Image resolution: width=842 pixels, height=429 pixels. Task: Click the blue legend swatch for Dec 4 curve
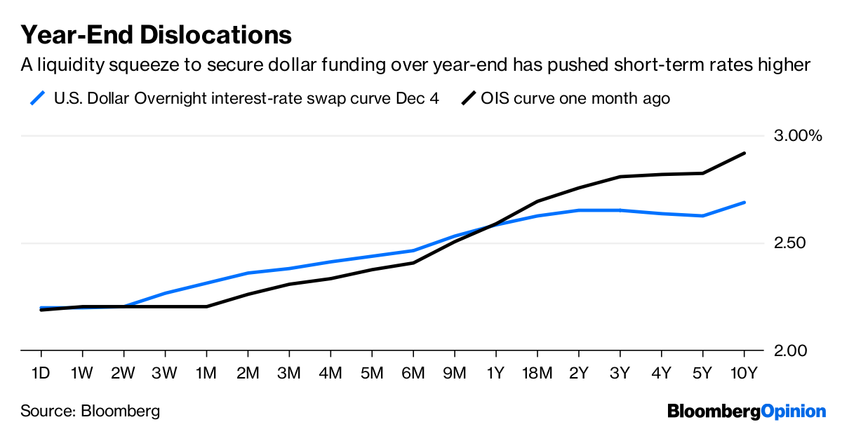point(40,97)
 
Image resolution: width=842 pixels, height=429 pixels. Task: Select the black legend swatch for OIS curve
point(467,97)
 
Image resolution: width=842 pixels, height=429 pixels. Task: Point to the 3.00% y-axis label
point(797,135)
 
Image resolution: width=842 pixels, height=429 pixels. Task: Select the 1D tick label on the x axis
point(41,372)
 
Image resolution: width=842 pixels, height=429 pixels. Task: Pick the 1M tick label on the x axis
point(206,372)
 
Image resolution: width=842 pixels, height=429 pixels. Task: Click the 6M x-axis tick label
point(413,372)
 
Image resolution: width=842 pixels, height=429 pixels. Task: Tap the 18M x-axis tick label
point(537,372)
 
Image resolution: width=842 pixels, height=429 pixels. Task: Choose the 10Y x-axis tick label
point(744,372)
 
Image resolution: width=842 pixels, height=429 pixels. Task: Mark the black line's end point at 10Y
point(744,153)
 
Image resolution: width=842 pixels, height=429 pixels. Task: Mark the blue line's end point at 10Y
point(744,203)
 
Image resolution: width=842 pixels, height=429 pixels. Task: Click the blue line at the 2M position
point(248,273)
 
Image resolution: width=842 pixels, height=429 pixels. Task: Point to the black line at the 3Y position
point(620,177)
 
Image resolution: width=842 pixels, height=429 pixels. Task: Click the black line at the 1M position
point(206,306)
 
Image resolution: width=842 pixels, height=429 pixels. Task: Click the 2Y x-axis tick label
point(579,372)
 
